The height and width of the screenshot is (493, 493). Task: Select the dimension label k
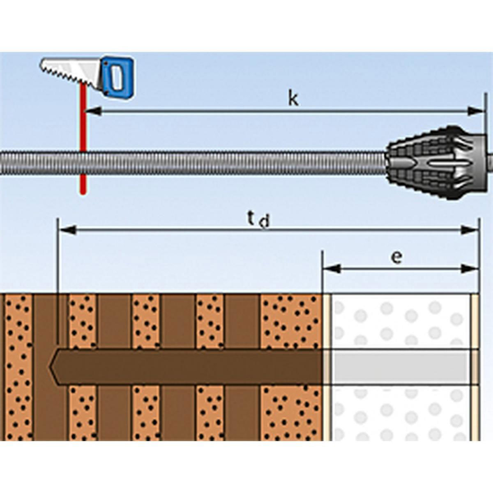[x=293, y=99]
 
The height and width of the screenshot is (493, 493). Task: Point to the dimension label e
[x=396, y=257]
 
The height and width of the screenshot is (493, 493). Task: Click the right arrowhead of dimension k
[x=477, y=111]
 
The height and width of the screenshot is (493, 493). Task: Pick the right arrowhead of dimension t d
[x=470, y=230]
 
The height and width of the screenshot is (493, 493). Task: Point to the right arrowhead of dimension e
[x=470, y=269]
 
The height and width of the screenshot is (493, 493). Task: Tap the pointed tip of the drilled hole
[x=53, y=367]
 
